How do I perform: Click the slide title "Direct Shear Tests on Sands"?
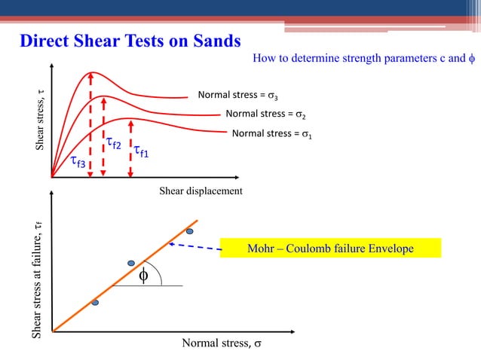tap(130, 40)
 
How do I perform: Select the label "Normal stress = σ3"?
tap(237, 96)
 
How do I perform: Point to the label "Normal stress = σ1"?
tap(272, 134)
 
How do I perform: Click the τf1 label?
tap(141, 152)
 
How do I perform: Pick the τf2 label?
tap(113, 142)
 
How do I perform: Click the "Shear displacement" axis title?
tap(201, 191)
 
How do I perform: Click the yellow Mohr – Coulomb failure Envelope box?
tap(330, 249)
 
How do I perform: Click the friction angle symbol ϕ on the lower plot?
tap(143, 276)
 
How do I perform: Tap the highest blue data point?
tap(190, 230)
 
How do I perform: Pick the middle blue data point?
tap(131, 264)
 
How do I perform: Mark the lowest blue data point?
tap(95, 302)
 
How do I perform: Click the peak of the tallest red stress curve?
tap(91, 72)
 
